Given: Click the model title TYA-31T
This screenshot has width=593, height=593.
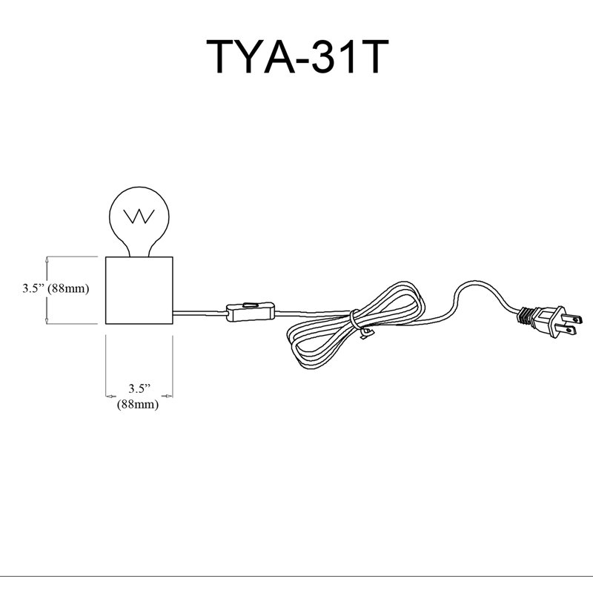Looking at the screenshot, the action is (297, 56).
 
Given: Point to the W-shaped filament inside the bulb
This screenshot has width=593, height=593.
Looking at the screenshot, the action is (139, 216).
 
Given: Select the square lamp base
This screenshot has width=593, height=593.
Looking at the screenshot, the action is (139, 291).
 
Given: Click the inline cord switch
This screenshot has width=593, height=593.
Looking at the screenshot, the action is (250, 311).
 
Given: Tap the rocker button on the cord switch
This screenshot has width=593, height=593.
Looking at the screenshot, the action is (251, 304).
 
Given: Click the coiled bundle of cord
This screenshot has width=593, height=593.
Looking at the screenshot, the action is (356, 325).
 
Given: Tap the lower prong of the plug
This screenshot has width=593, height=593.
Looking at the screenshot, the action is (569, 331).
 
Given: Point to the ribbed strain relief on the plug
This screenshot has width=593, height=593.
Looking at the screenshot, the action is (525, 317).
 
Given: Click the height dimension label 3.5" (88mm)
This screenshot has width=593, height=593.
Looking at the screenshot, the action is (56, 288).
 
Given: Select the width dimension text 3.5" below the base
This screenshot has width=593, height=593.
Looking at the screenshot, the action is (139, 388).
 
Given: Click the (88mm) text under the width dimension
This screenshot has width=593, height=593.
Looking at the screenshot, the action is (138, 404).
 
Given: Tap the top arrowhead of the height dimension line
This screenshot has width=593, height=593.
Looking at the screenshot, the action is (47, 259).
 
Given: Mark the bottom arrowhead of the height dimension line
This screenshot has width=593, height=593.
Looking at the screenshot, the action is (47, 321).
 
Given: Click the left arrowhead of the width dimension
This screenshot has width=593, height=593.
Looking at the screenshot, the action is (110, 397).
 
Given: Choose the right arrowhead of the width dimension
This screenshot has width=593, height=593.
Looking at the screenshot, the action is (168, 397).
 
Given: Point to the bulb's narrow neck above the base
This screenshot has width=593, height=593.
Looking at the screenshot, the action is (139, 251).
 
